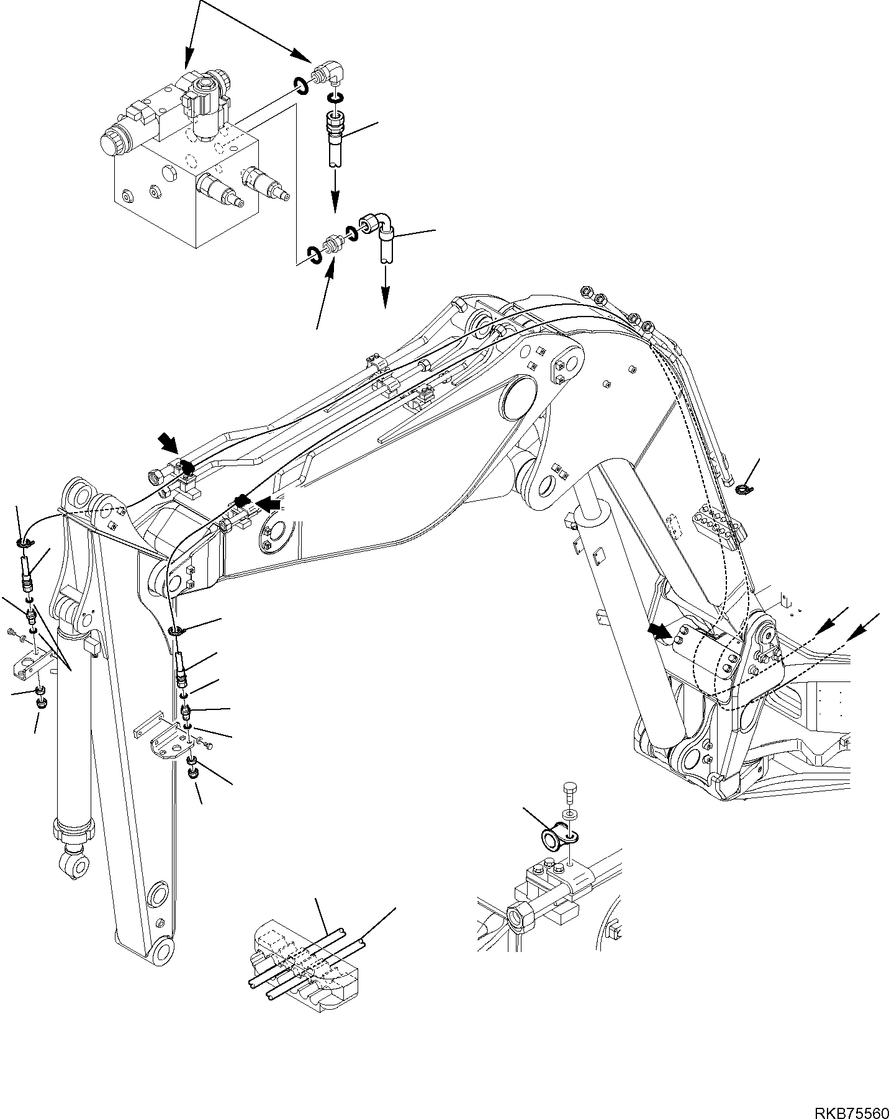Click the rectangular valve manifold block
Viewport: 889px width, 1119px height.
coord(186,186)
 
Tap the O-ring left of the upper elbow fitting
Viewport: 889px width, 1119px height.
coord(300,86)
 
